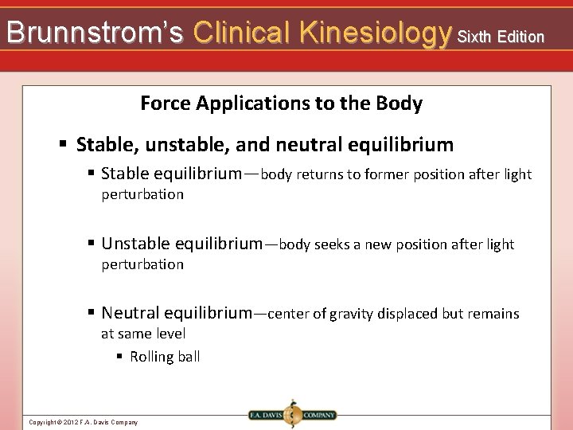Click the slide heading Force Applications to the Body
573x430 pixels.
click(x=281, y=104)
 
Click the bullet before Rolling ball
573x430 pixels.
click(x=119, y=357)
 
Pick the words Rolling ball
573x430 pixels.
click(x=165, y=357)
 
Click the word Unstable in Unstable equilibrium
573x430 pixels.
click(x=135, y=244)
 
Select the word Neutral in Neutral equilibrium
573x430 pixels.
click(x=131, y=314)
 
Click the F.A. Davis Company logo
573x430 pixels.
click(x=291, y=414)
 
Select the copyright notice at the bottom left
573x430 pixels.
click(x=83, y=422)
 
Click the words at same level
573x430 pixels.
click(x=143, y=334)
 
